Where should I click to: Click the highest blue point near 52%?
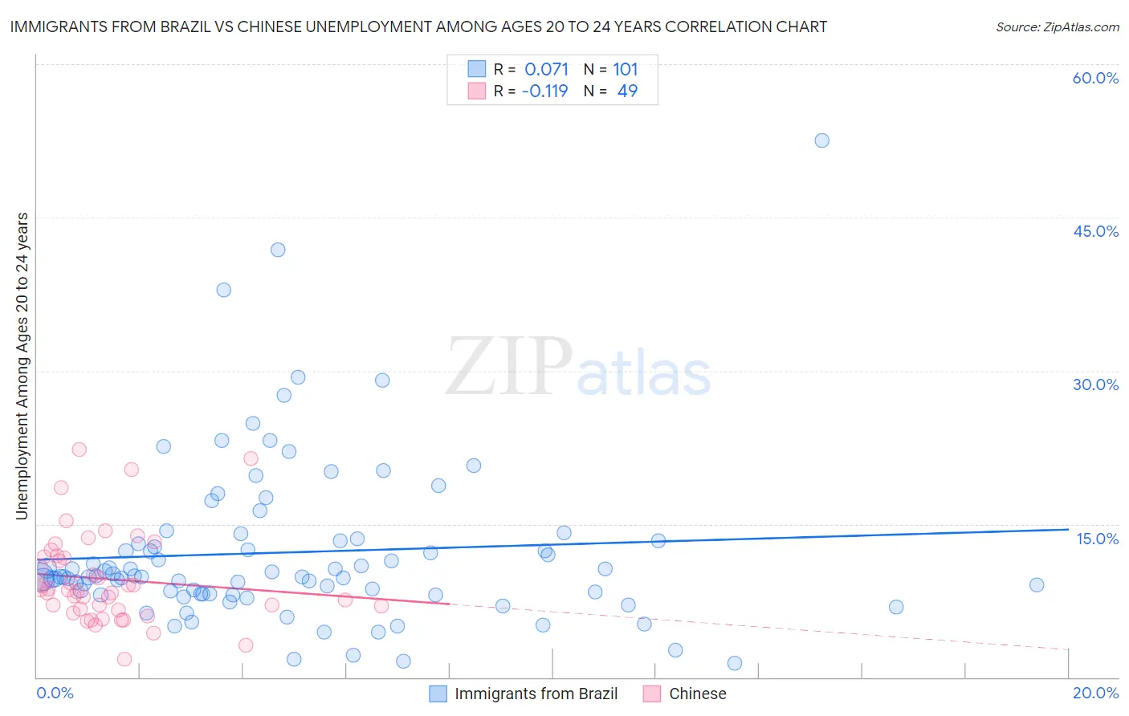(821, 140)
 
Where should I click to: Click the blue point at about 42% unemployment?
(278, 250)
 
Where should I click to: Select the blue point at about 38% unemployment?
(224, 290)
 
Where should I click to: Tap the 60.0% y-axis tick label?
(1095, 78)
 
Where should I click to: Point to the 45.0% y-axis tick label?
(1095, 231)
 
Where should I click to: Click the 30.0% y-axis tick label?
(1095, 384)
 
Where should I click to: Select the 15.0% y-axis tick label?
(1097, 539)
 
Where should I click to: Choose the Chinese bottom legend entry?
(697, 694)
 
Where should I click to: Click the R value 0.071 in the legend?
(546, 70)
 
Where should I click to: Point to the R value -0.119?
(544, 92)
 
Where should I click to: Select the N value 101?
(626, 70)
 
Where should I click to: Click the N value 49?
(627, 92)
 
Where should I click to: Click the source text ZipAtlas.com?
(1058, 27)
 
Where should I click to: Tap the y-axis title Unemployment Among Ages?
(22, 366)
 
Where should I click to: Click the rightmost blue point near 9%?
(1037, 585)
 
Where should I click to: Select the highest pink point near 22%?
(79, 450)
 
